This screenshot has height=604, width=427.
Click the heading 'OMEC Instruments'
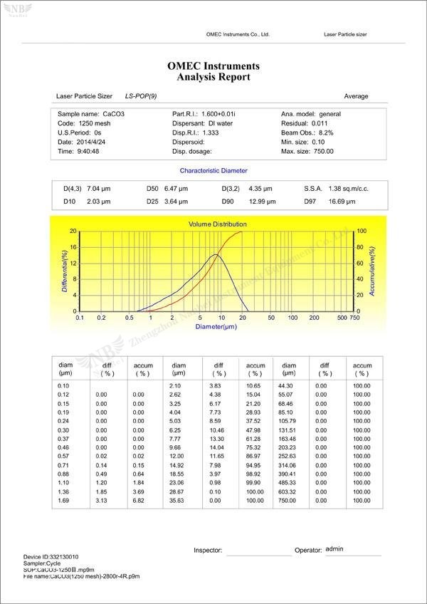pyautogui.click(x=213, y=66)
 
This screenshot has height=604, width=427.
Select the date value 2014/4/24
pyautogui.click(x=91, y=142)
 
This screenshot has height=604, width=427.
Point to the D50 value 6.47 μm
pyautogui.click(x=176, y=189)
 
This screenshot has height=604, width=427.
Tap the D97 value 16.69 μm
pyautogui.click(x=341, y=202)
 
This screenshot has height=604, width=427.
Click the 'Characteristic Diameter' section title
pyautogui.click(x=213, y=171)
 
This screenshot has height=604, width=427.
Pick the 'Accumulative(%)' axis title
pyautogui.click(x=372, y=271)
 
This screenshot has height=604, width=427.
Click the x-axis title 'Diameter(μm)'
pyautogui.click(x=216, y=327)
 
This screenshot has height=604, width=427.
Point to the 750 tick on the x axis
pyautogui.click(x=354, y=318)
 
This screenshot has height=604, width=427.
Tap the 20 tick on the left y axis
pyautogui.click(x=73, y=231)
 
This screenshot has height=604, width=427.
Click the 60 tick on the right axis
pyautogui.click(x=361, y=264)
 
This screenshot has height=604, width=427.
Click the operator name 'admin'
pyautogui.click(x=334, y=549)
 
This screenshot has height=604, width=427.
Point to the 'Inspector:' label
pyautogui.click(x=209, y=551)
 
